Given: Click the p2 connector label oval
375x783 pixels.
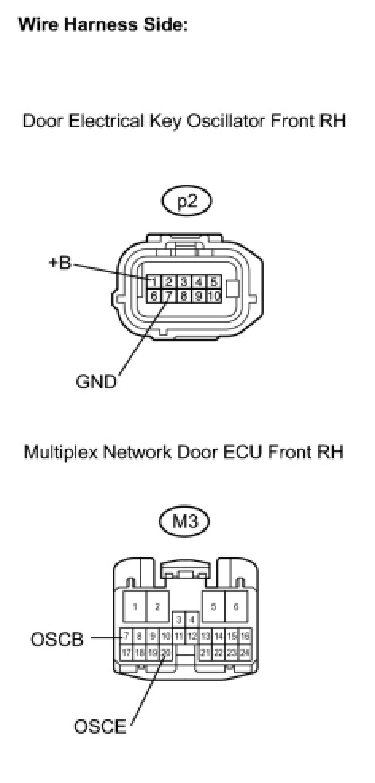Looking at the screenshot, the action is click(x=187, y=202).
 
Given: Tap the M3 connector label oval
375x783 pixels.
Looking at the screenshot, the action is click(x=184, y=523).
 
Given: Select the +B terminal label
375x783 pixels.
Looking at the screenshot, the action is click(x=60, y=263).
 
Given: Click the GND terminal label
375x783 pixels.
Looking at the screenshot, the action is click(x=96, y=381).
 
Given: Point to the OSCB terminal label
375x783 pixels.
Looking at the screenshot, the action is click(x=57, y=639).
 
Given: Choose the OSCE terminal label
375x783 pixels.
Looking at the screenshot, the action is click(x=100, y=727).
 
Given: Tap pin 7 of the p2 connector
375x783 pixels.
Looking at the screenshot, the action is click(x=169, y=296).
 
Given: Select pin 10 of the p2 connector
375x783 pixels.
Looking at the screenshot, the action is click(x=214, y=296).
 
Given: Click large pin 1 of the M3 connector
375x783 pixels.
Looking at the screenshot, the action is click(x=134, y=606).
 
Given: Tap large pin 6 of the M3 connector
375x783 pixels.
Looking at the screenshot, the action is click(x=236, y=606).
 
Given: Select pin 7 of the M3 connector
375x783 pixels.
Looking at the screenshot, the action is click(x=126, y=637).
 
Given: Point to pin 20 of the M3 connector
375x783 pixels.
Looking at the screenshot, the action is click(x=166, y=652).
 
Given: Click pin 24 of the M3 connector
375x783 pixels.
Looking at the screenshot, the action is click(x=245, y=652).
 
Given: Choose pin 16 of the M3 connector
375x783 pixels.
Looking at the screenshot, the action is click(x=245, y=637).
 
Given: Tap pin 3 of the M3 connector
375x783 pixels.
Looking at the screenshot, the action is click(x=179, y=620).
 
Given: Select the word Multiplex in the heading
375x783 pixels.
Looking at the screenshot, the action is click(x=54, y=453).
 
